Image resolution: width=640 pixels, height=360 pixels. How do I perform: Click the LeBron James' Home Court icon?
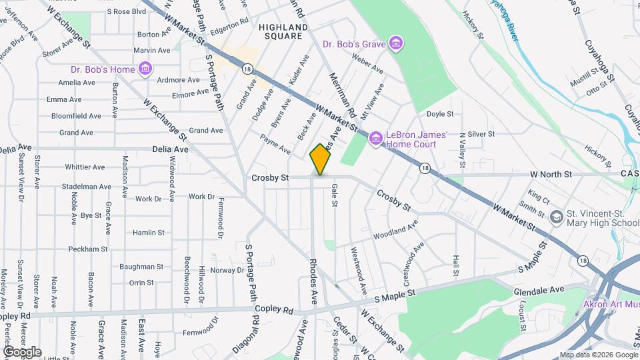point(375,139)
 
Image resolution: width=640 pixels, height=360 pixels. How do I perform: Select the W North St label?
point(551,174)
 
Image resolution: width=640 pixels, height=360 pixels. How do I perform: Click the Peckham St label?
point(88,249)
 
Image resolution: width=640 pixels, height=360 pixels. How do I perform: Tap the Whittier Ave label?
point(85,167)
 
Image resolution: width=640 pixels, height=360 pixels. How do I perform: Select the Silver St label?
point(481,134)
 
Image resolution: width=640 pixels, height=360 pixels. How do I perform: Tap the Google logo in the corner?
point(22,351)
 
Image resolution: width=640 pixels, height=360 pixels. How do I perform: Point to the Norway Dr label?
point(227,270)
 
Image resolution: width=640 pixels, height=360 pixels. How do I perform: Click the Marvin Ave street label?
point(151,50)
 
